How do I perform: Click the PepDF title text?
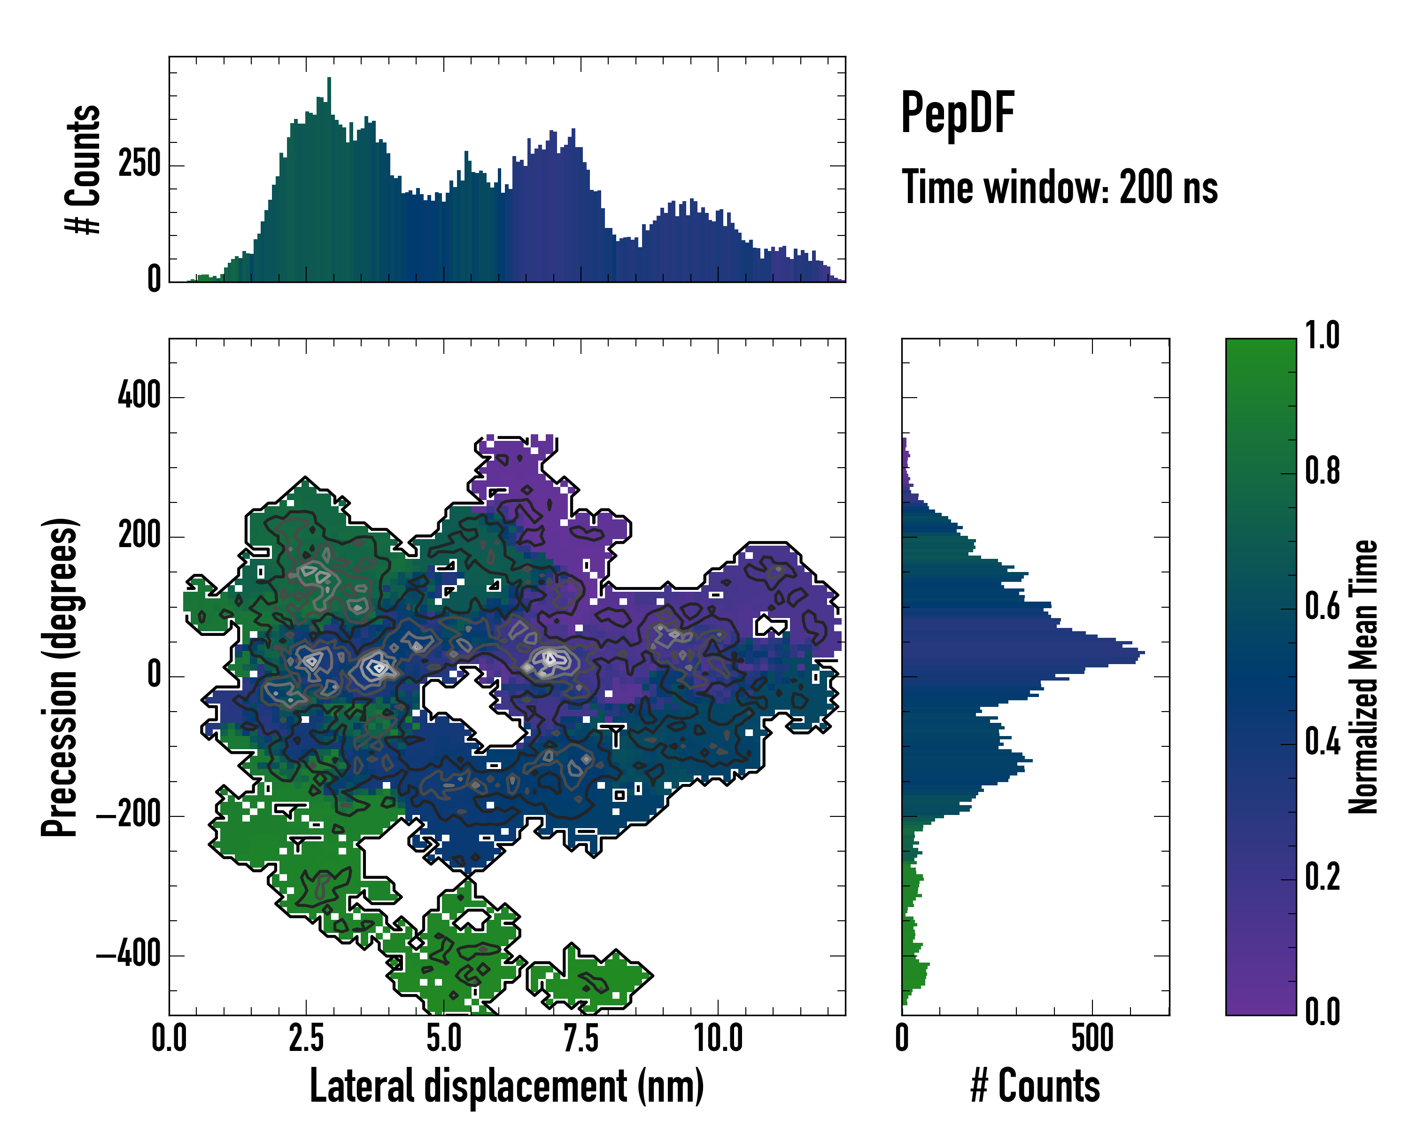click(x=957, y=113)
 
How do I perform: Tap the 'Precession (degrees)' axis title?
click(x=60, y=677)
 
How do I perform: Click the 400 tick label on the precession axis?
click(x=139, y=396)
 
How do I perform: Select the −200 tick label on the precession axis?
click(x=128, y=815)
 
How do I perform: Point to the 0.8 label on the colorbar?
click(x=1322, y=471)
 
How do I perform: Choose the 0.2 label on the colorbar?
click(x=1322, y=877)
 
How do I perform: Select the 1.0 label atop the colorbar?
click(x=1322, y=336)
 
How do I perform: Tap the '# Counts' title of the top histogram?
click(x=83, y=169)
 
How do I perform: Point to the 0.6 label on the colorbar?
click(x=1322, y=607)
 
